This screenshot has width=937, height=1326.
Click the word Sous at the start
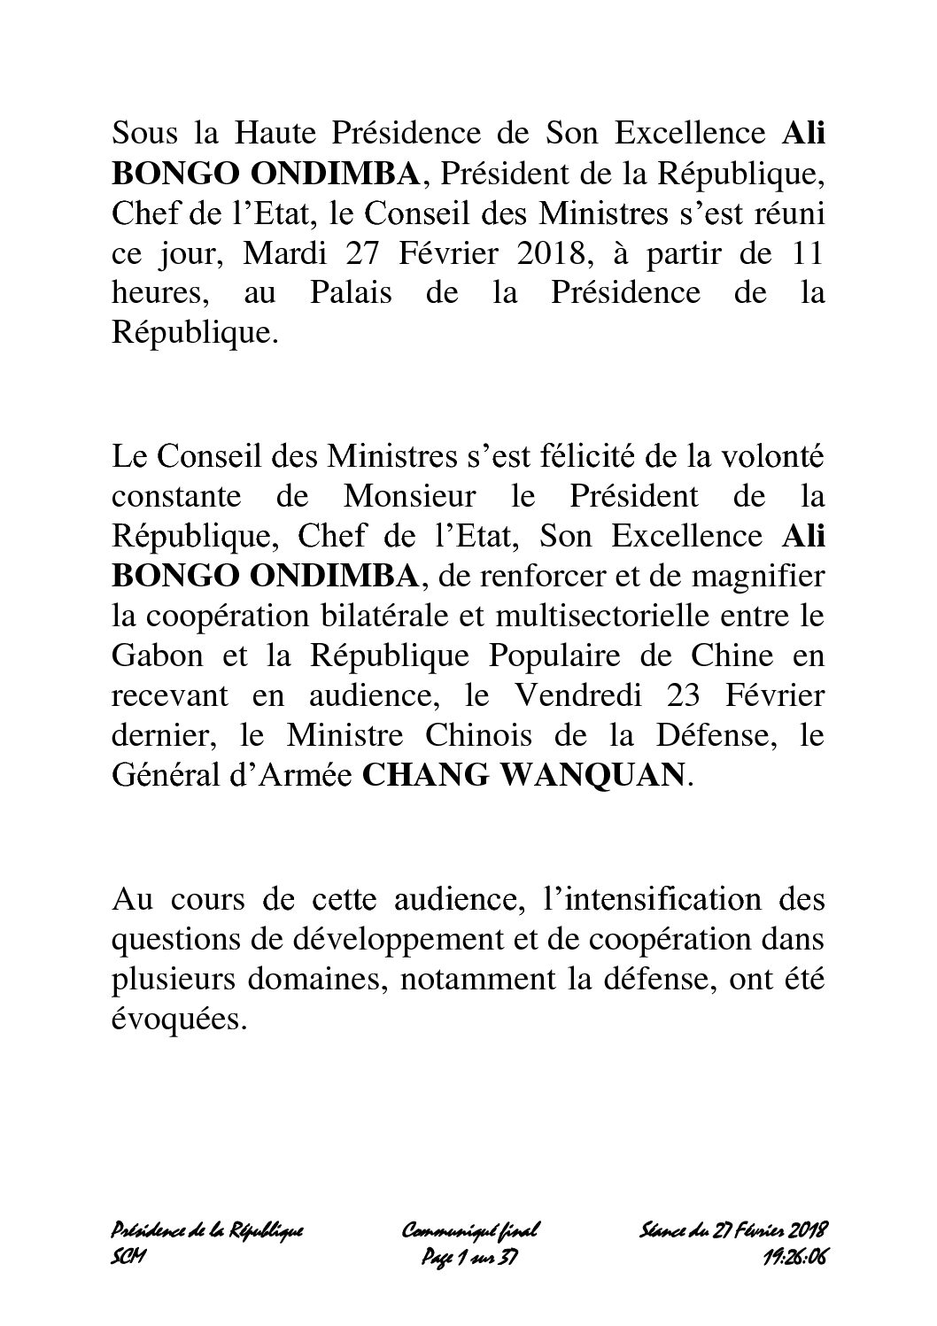click(142, 134)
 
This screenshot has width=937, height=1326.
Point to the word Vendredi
click(610, 696)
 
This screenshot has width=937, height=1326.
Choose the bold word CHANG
click(416, 775)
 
